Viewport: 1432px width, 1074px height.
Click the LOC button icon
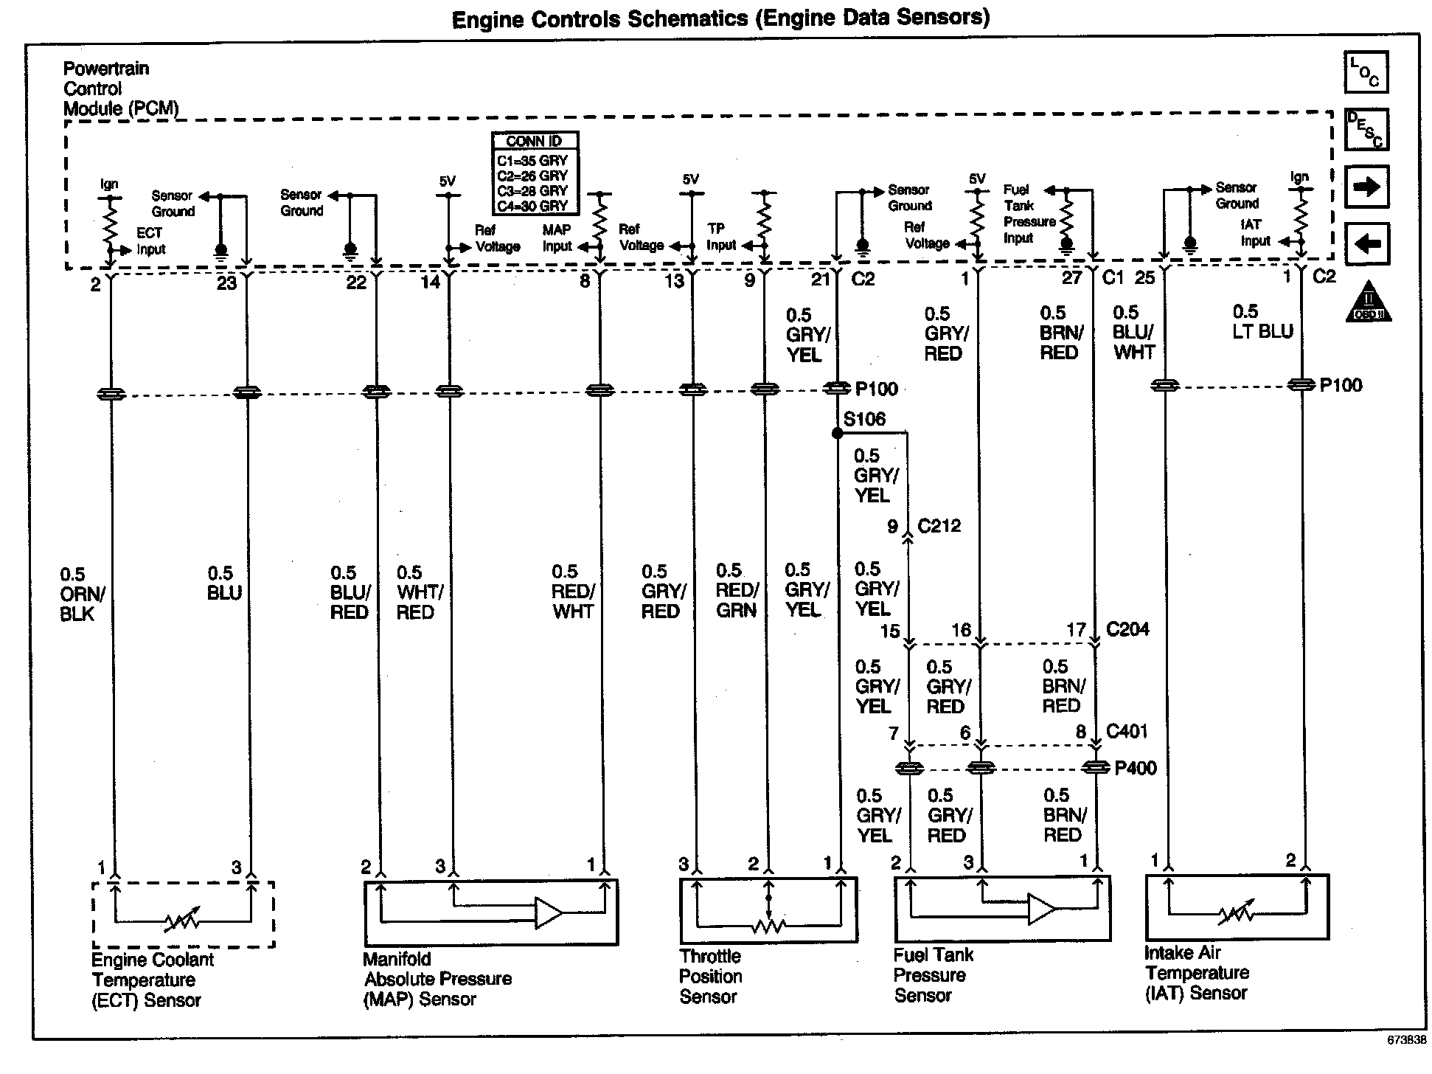pos(1366,72)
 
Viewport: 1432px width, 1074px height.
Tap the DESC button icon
pos(1366,129)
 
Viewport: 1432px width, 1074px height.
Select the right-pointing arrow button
pos(1366,186)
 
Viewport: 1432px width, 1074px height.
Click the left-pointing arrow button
pos(1366,243)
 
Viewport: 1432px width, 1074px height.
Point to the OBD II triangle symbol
pos(1369,302)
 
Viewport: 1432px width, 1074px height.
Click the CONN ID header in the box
pos(535,141)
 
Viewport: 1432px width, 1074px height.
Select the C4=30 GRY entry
pos(532,206)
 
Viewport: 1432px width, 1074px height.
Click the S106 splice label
pos(864,420)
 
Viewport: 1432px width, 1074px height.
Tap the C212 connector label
pos(939,526)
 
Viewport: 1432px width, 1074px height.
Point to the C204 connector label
pos(1127,630)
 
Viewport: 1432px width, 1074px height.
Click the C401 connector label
pos(1127,732)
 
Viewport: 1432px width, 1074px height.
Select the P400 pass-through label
pos(1136,768)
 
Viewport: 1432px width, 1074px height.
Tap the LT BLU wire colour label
pos(1262,331)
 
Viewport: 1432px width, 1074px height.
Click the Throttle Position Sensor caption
pos(711,977)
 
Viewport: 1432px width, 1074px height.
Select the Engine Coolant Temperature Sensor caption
pos(152,980)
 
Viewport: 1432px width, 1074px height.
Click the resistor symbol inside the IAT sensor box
pos(1237,915)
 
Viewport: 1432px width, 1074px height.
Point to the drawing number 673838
pos(1407,1039)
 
